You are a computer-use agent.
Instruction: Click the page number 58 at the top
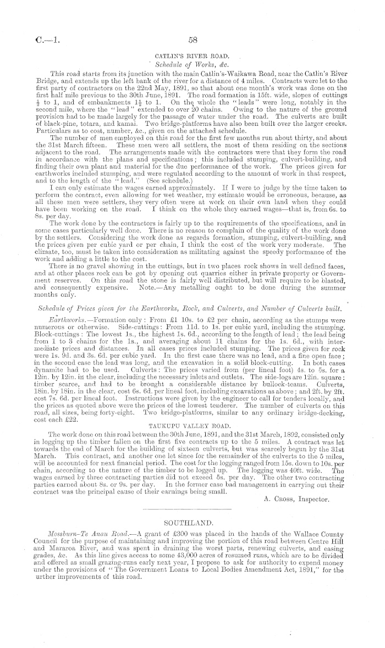[193, 40]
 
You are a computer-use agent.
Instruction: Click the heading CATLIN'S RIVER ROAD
[193, 56]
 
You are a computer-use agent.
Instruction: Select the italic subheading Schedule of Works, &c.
[193, 65]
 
